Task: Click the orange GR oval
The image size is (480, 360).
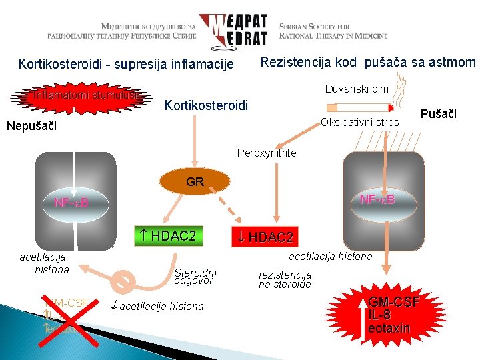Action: click(195, 181)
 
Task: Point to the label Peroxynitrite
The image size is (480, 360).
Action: click(267, 153)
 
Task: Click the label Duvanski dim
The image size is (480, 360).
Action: click(357, 89)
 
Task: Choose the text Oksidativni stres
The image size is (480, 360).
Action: click(360, 122)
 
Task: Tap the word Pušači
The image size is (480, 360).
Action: click(439, 114)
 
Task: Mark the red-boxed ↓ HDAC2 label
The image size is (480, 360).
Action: click(265, 237)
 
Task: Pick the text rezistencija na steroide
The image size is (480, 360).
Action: click(285, 279)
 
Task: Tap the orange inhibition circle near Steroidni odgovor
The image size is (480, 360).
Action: click(122, 281)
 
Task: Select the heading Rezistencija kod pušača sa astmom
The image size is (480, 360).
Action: click(367, 63)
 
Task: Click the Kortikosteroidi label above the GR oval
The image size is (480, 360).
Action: click(206, 105)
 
